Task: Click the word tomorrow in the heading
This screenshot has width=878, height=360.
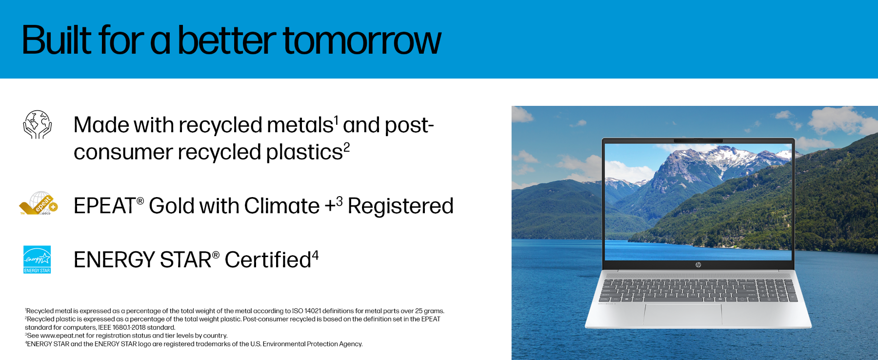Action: pyautogui.click(x=362, y=40)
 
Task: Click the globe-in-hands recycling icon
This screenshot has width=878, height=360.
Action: pyautogui.click(x=38, y=124)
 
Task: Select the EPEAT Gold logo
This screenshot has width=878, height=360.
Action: pyautogui.click(x=39, y=203)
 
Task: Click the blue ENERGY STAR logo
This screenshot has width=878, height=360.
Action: pyautogui.click(x=37, y=260)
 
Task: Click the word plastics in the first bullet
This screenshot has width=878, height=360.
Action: pyautogui.click(x=304, y=152)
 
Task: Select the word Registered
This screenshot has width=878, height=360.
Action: pyautogui.click(x=400, y=206)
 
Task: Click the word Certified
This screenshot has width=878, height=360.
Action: pyautogui.click(x=268, y=260)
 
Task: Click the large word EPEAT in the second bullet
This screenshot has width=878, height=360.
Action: pyautogui.click(x=104, y=206)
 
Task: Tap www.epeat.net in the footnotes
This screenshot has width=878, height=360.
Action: pyautogui.click(x=62, y=336)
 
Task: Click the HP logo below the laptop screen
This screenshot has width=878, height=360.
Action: pyautogui.click(x=698, y=264)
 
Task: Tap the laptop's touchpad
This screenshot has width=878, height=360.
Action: pyautogui.click(x=683, y=315)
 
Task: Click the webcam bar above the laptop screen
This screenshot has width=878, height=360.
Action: pyautogui.click(x=698, y=140)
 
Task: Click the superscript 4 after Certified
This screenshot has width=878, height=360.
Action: pyautogui.click(x=315, y=255)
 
